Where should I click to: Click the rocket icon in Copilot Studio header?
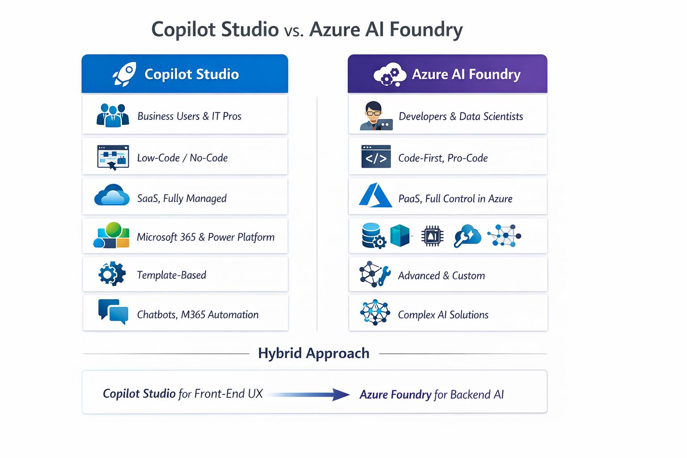(x=124, y=74)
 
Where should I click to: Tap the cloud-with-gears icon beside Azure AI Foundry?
(x=389, y=74)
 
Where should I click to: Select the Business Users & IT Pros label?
(x=189, y=116)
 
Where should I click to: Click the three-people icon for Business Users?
(x=113, y=115)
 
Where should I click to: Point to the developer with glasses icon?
(x=375, y=116)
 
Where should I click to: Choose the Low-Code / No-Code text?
(x=182, y=158)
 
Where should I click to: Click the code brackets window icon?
(x=376, y=157)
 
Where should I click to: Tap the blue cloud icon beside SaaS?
(x=112, y=196)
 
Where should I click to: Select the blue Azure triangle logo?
(x=375, y=195)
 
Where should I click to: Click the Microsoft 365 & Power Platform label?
(x=205, y=237)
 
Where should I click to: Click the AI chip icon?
(x=432, y=236)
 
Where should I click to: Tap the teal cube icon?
(x=400, y=236)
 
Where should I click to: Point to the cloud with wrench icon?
(x=467, y=236)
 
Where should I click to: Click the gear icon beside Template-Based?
(x=112, y=274)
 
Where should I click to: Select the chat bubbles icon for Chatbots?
(x=113, y=312)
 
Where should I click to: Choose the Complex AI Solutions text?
(x=443, y=315)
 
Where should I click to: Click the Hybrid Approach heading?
(x=314, y=353)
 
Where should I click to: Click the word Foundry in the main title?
(x=425, y=30)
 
